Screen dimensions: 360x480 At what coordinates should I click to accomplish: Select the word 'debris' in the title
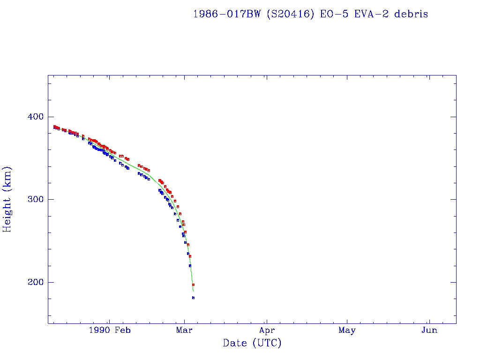tap(411, 14)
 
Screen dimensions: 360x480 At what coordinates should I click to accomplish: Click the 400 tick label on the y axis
tap(32, 117)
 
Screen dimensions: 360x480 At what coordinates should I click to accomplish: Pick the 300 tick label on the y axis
tap(32, 199)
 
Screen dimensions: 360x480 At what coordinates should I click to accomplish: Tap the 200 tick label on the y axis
tap(32, 282)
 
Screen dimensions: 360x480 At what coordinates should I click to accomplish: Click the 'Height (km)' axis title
tap(7, 199)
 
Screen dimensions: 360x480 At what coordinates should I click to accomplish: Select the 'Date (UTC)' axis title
tap(252, 343)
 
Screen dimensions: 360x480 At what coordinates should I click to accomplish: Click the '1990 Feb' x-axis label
tap(109, 330)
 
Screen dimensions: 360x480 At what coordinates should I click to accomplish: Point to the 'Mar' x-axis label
tap(185, 330)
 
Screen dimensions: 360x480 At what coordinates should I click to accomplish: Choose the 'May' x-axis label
tap(347, 330)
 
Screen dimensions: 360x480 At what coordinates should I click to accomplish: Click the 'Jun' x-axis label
tap(429, 330)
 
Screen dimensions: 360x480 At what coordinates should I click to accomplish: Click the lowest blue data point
tap(193, 298)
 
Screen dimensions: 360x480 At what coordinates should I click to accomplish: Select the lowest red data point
tap(193, 285)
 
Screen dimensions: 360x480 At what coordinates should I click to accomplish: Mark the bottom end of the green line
tap(193, 291)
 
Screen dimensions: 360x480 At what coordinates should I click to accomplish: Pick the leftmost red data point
tap(54, 127)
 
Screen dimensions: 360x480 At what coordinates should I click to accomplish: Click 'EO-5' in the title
tap(331, 14)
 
